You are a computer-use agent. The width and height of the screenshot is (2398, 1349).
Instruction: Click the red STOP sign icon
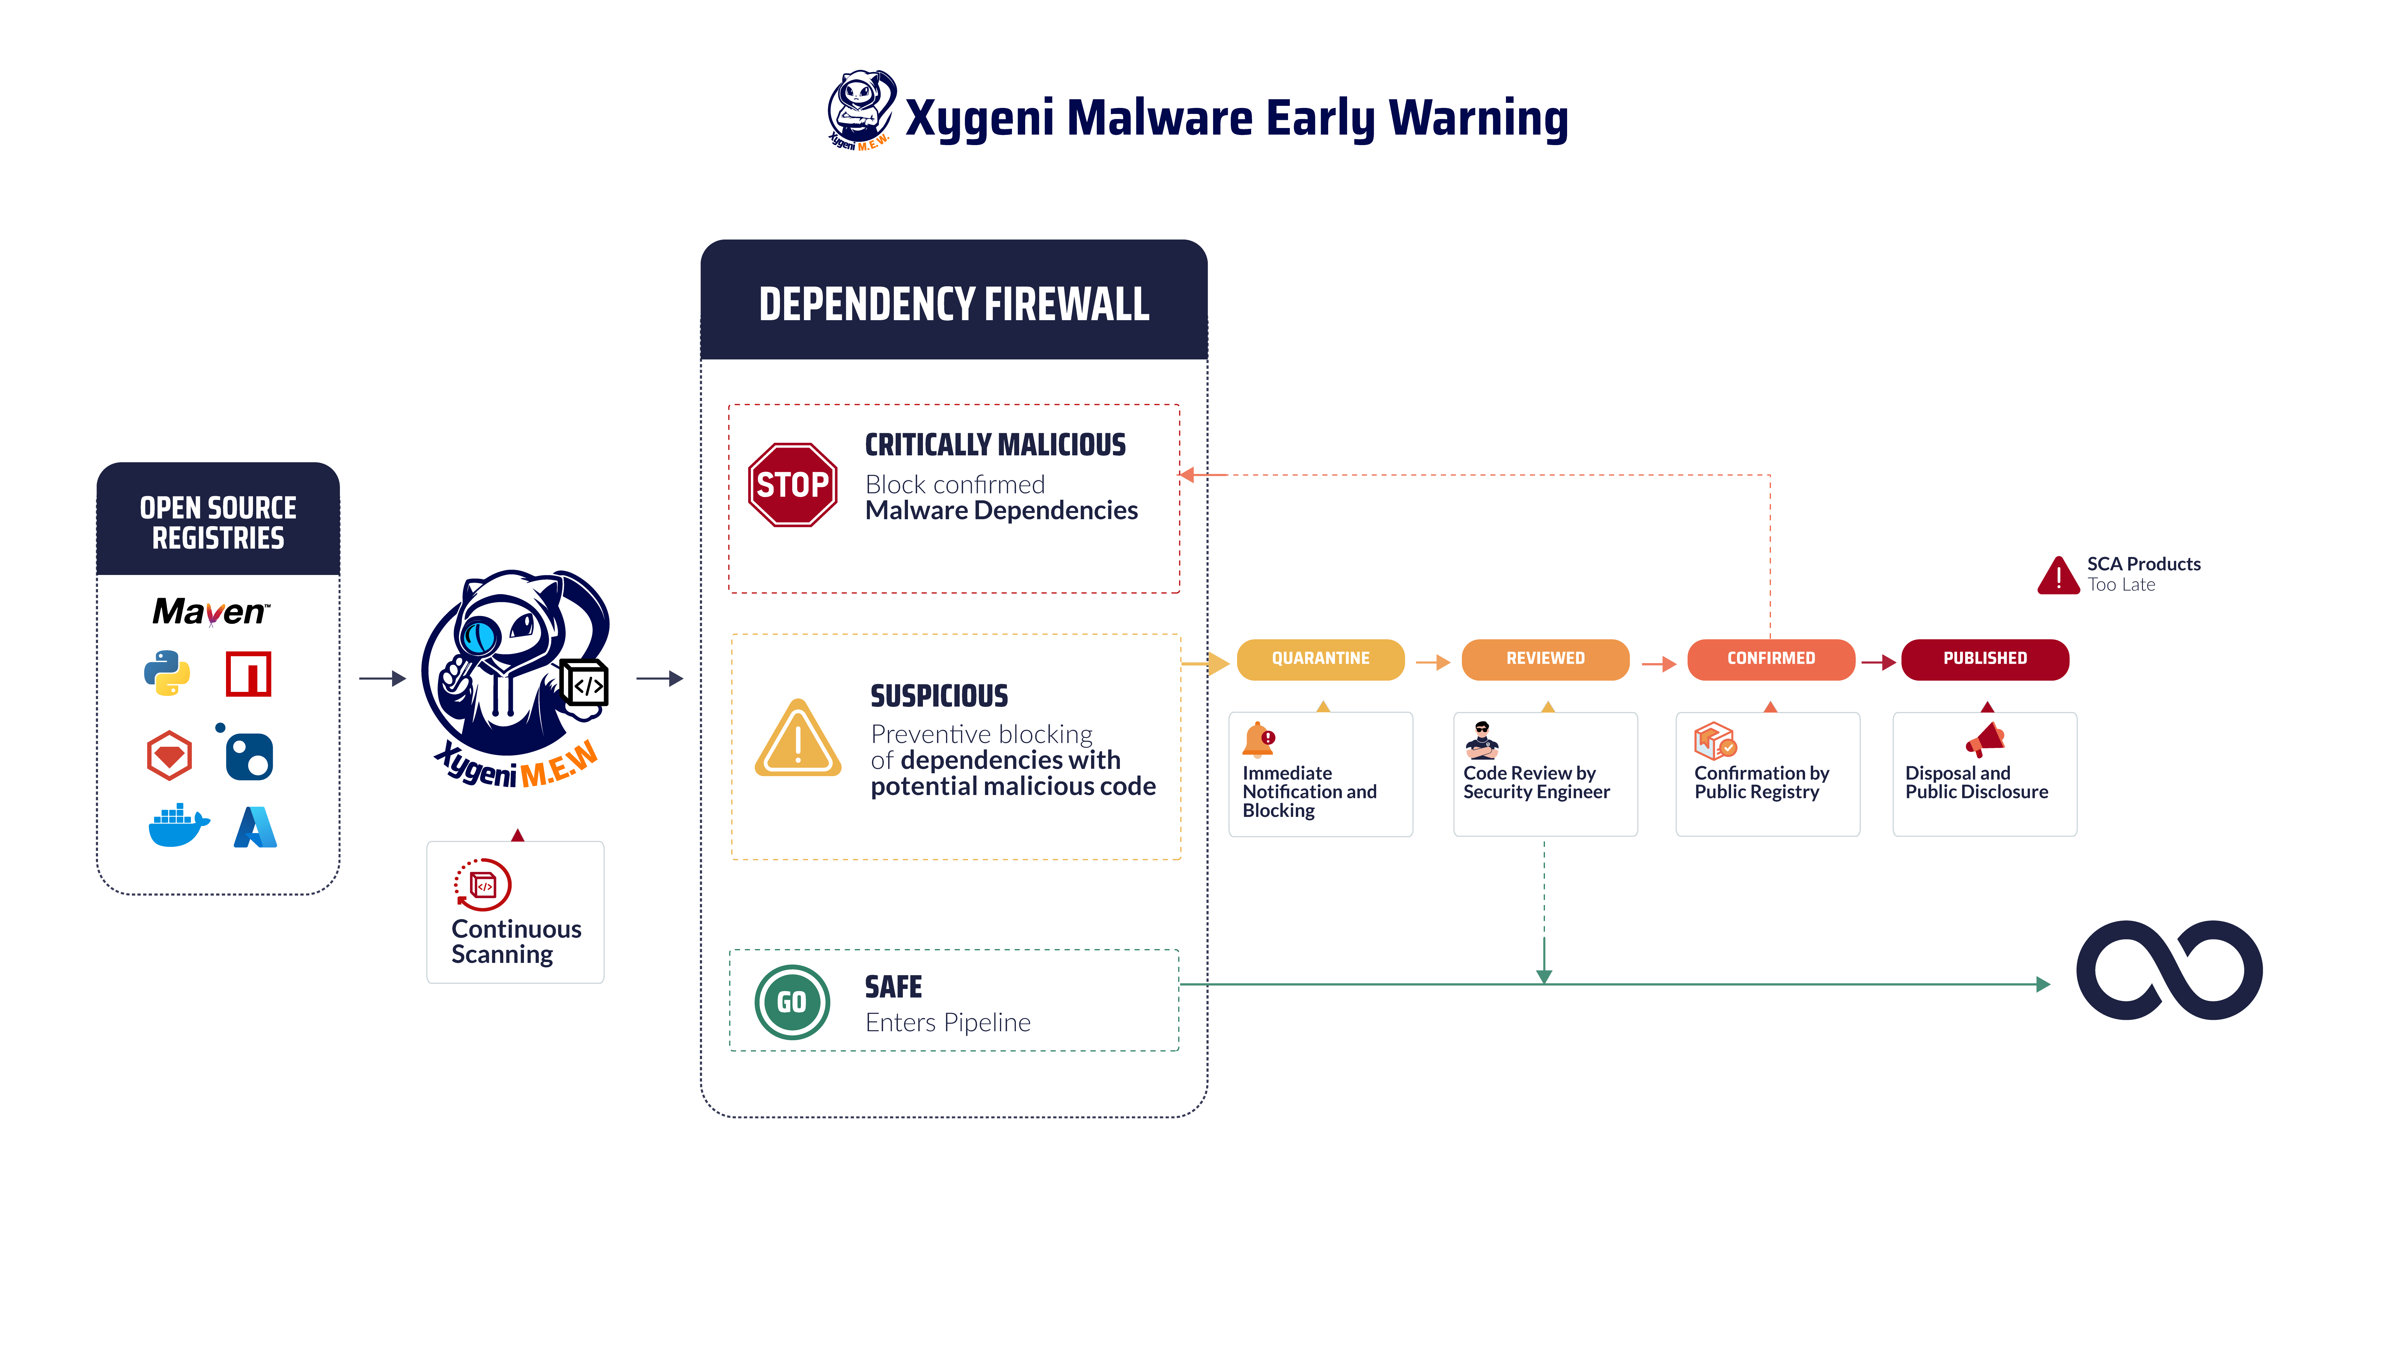(792, 484)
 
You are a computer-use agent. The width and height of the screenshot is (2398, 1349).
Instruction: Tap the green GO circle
(791, 1002)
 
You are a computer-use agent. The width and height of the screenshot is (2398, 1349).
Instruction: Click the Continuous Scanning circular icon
(482, 883)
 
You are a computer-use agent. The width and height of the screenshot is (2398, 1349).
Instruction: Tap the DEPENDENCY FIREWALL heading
(954, 305)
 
